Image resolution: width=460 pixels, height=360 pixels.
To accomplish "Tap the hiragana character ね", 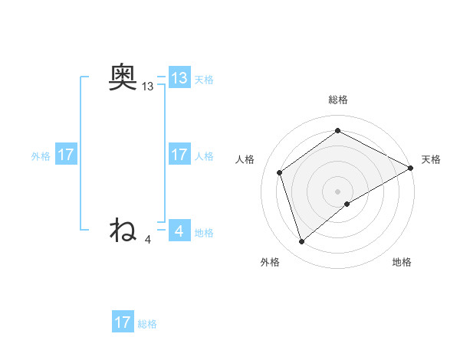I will click(x=123, y=229).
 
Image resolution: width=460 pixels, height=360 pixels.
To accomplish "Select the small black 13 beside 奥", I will click(x=147, y=87).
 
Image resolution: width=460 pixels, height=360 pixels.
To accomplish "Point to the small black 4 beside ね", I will click(x=148, y=240).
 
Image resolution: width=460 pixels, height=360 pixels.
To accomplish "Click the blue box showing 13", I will click(x=179, y=78).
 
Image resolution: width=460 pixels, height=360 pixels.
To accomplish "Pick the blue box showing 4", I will click(x=179, y=230).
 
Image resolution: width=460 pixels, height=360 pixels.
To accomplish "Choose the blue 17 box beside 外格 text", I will click(x=65, y=155).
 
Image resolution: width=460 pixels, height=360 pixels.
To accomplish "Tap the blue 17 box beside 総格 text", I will click(x=123, y=322).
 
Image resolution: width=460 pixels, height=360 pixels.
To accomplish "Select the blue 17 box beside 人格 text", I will click(x=179, y=155).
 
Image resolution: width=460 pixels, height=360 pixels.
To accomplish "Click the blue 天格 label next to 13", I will click(x=204, y=80).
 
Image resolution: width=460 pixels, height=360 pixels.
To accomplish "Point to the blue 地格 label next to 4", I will click(x=204, y=232).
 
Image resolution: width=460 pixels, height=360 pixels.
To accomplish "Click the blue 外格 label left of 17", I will click(x=41, y=156).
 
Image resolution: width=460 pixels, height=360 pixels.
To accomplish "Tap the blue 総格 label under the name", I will click(x=147, y=324).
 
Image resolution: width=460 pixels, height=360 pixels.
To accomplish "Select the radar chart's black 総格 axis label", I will click(x=337, y=100).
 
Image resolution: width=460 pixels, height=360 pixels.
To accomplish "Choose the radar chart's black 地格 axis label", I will click(x=402, y=262).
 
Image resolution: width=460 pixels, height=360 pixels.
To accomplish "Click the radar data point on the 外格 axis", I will click(x=301, y=242).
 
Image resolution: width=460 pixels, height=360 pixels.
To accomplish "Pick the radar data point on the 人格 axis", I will click(x=280, y=172).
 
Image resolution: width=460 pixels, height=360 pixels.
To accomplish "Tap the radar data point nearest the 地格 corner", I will click(x=347, y=204).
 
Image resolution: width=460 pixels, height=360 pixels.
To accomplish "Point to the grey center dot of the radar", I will click(x=338, y=191).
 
